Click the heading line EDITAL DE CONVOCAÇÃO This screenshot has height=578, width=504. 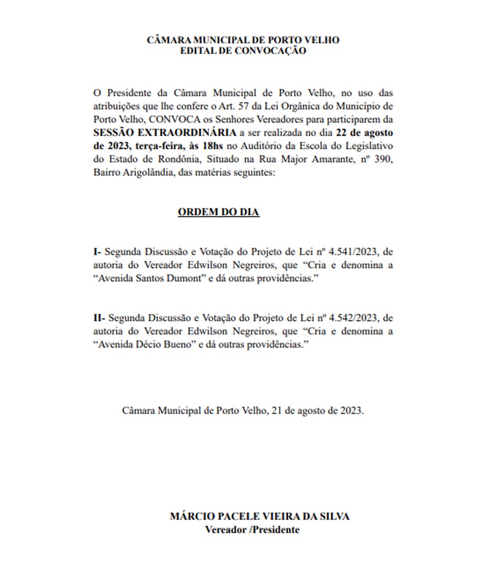[x=243, y=50]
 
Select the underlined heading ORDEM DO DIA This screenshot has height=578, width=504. [x=218, y=212]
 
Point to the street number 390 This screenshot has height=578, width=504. [x=384, y=158]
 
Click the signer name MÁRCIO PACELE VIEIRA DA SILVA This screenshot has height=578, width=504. [x=259, y=516]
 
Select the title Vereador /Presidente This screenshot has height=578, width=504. [x=252, y=530]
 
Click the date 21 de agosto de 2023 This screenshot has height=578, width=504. [x=317, y=411]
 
